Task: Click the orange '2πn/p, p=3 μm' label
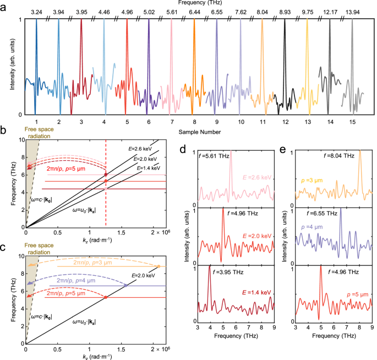click(91, 263)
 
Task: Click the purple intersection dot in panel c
click(125, 286)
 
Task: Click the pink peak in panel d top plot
click(231, 152)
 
